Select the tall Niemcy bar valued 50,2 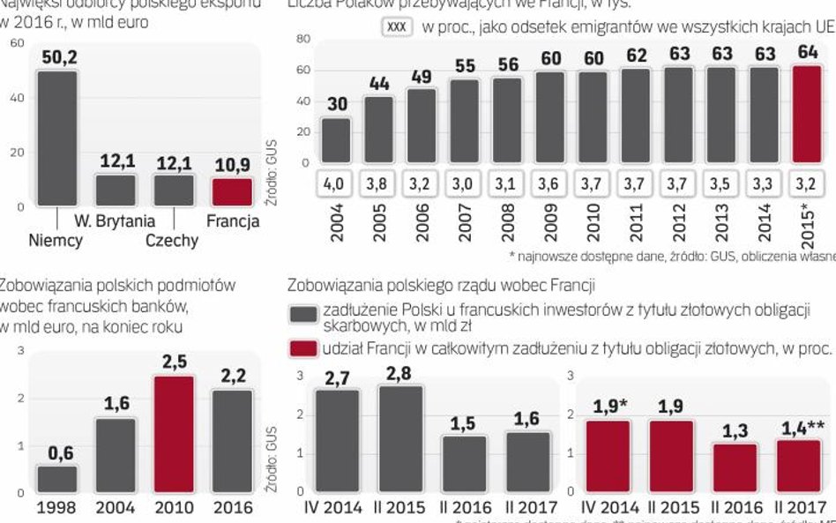click(57, 138)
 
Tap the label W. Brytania click(115, 220)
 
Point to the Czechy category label click(172, 240)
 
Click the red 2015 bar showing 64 click(808, 115)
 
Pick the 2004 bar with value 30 click(336, 140)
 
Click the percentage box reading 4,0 click(336, 184)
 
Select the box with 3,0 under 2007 click(464, 184)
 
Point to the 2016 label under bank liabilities click(233, 507)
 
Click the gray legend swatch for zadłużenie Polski click(304, 315)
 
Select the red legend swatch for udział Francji click(304, 348)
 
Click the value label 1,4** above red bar click(802, 430)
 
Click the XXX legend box click(397, 27)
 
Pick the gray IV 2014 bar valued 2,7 click(336, 440)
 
